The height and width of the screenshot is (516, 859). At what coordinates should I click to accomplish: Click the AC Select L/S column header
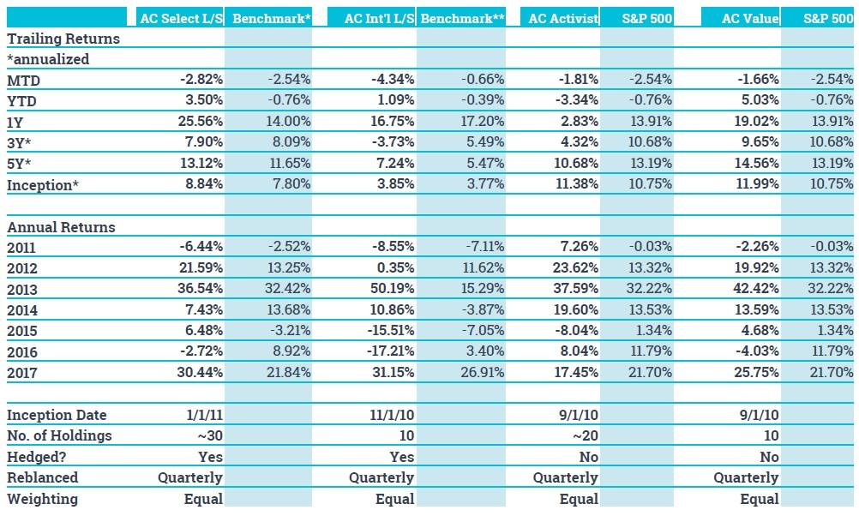tap(180, 18)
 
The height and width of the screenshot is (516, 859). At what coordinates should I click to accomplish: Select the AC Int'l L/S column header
tap(379, 18)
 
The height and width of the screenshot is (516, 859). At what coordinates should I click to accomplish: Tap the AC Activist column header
tap(563, 18)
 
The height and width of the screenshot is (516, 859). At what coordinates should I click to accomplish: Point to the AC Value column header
tap(750, 18)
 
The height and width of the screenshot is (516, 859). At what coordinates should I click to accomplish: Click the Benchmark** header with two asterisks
tap(463, 18)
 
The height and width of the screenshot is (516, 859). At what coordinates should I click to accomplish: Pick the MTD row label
tap(24, 80)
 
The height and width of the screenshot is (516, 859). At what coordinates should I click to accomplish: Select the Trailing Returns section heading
tap(63, 39)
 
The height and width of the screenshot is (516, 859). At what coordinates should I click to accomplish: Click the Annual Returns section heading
tap(61, 227)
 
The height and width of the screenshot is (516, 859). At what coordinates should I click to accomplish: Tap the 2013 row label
tap(22, 290)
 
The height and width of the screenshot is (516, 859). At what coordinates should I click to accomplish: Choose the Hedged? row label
tap(37, 457)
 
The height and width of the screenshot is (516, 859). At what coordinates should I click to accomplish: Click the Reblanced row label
tap(42, 477)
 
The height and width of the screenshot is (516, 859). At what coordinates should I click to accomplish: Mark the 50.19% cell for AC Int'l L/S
tap(391, 289)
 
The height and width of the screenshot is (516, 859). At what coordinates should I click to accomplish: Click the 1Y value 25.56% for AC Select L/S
tap(201, 122)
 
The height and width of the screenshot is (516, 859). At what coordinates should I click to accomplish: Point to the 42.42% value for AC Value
tap(755, 289)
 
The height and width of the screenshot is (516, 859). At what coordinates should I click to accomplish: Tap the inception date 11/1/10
tap(391, 415)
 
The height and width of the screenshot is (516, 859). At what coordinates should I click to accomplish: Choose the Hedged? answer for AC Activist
tap(588, 457)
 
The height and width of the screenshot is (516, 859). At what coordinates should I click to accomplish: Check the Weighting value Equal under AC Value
tap(760, 499)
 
